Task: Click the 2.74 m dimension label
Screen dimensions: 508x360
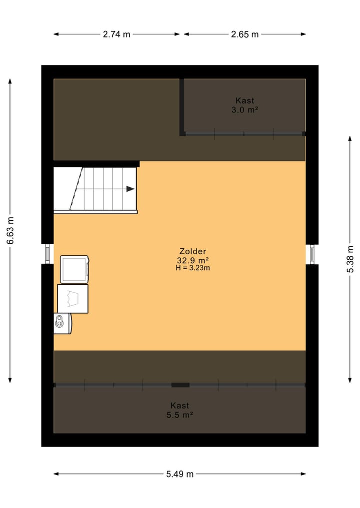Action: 116,34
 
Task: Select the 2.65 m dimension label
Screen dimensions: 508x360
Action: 245,34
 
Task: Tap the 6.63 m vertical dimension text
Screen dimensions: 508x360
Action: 10,230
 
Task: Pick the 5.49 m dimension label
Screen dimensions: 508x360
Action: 179,474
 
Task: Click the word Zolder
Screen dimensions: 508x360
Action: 193,251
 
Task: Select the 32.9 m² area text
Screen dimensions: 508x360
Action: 193,260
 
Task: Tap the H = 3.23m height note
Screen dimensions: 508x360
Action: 193,268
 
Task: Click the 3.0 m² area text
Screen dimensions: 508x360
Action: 244,110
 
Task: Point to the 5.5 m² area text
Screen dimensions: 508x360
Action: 179,415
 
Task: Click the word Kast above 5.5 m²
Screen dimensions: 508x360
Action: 179,406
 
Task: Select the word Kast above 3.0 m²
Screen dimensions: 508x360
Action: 244,100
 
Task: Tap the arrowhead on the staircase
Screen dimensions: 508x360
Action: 130,189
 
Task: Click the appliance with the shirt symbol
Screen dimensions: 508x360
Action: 73,298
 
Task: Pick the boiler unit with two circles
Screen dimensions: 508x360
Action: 62,323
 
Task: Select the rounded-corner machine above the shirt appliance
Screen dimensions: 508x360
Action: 74,269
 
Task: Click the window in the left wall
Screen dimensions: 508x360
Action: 47,254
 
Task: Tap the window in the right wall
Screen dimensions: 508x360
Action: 312,254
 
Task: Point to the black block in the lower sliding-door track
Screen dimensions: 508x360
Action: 180,385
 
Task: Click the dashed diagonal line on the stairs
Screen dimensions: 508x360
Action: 76,189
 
